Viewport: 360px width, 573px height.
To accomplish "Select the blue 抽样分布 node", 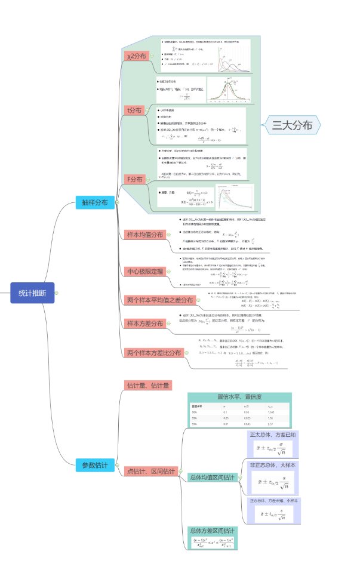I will (x=95, y=202).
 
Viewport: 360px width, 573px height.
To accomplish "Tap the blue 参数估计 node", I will (x=96, y=464).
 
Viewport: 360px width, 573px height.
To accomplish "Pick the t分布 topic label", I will (x=134, y=110).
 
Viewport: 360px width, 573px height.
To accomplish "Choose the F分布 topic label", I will (x=134, y=179).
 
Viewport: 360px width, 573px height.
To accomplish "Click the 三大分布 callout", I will (x=293, y=125).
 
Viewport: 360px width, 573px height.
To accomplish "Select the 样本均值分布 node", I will (x=144, y=235).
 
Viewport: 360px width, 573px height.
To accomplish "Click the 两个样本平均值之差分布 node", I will (x=159, y=300).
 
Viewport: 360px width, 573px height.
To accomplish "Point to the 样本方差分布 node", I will (x=144, y=324).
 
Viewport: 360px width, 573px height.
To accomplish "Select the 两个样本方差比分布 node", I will (x=154, y=353).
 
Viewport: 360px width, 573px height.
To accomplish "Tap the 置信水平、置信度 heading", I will (x=239, y=397).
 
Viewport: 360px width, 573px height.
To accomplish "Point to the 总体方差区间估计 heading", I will (x=213, y=530).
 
